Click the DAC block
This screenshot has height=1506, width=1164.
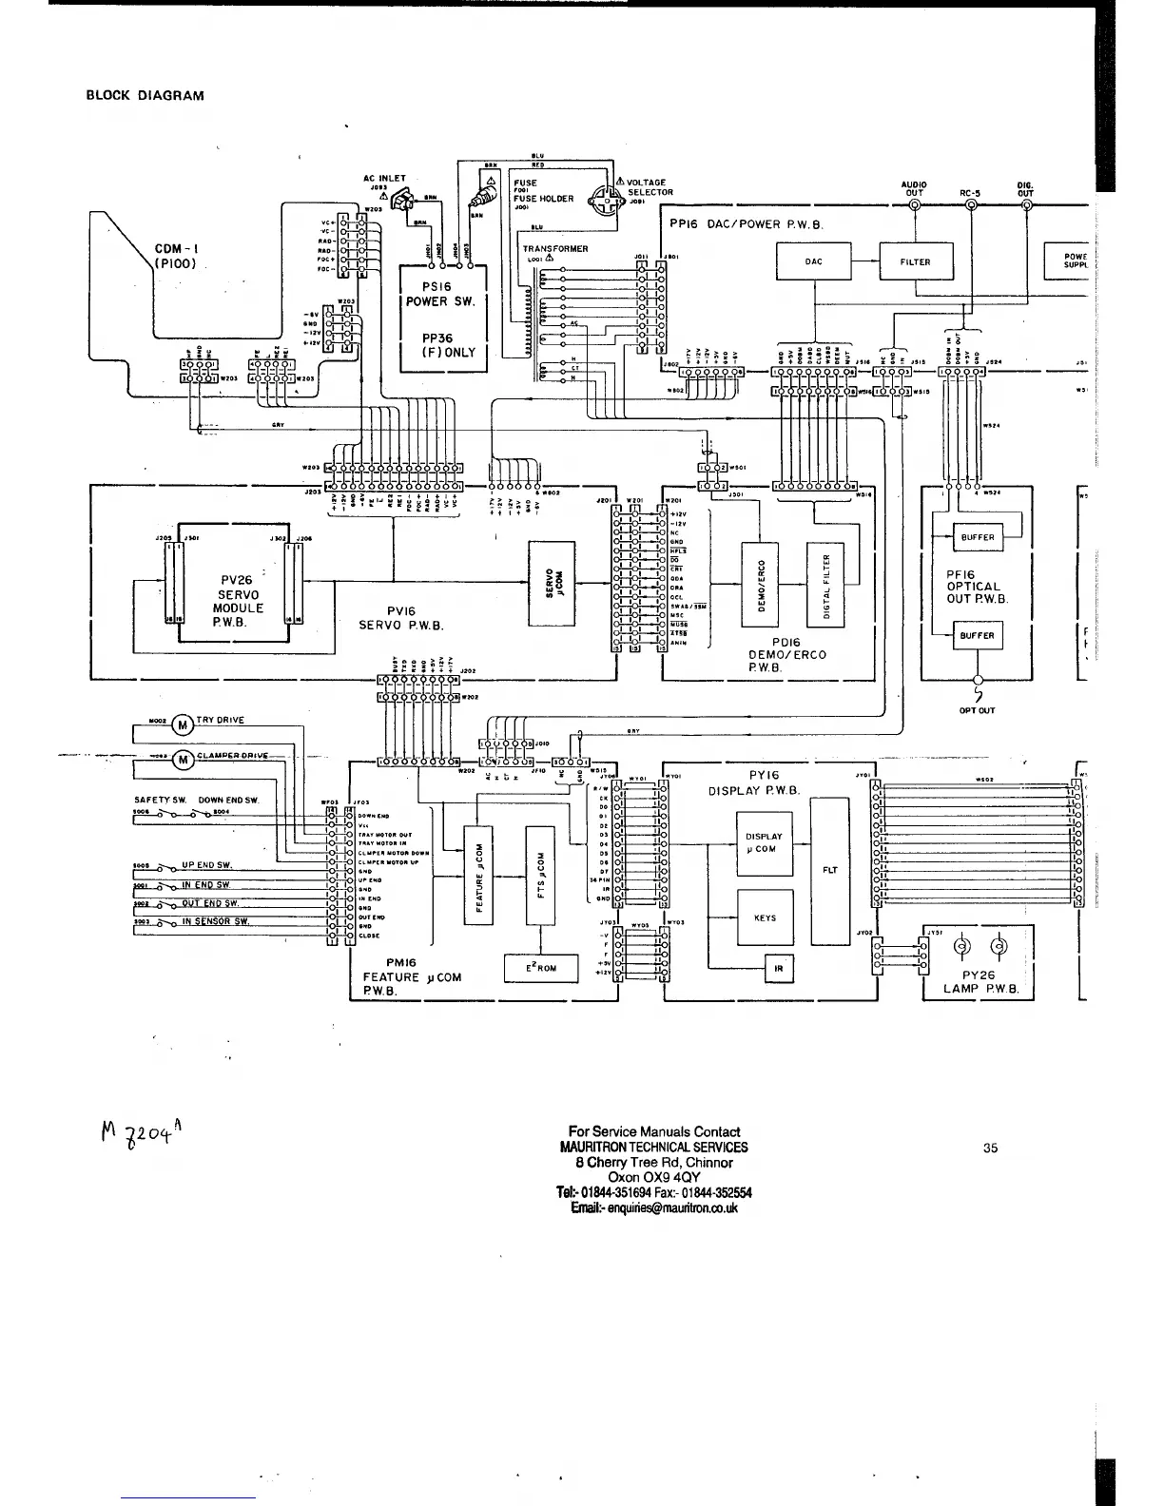[x=814, y=261]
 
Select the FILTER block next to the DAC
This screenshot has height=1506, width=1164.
[x=915, y=261]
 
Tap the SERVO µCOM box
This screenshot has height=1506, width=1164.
[x=552, y=583]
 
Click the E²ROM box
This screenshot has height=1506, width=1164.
[x=541, y=968]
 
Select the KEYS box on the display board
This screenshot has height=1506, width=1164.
[x=765, y=918]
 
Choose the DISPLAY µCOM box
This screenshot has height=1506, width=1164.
[x=765, y=843]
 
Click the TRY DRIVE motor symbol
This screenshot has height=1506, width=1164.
[x=182, y=725]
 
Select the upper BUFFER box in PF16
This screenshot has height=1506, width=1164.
[x=978, y=537]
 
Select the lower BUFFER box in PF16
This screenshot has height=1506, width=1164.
[x=978, y=635]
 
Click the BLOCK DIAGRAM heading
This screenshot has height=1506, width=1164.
[x=145, y=95]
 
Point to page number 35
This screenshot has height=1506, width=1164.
[x=991, y=1148]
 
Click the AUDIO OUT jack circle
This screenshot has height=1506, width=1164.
[x=914, y=205]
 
